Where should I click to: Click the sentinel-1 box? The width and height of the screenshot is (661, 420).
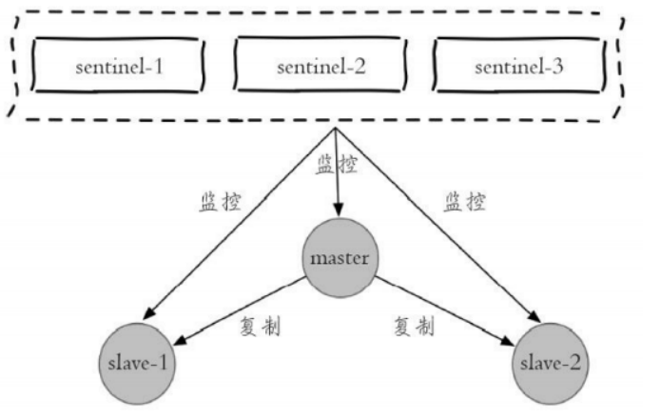pos(120,68)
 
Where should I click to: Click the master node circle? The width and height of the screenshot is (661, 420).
pos(338,259)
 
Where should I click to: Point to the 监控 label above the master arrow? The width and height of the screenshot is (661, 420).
pos(337,166)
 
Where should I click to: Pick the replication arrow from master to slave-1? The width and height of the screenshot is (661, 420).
pos(243,310)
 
